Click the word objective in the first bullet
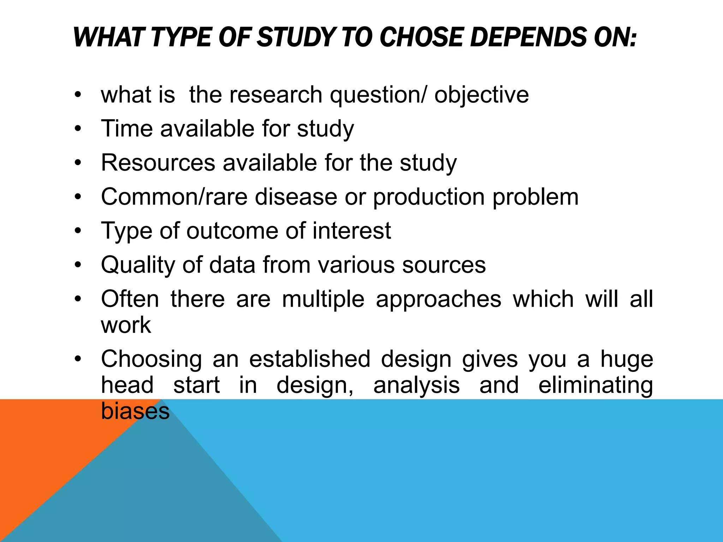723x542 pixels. [482, 95]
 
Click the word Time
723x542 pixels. [127, 128]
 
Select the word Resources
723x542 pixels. [158, 163]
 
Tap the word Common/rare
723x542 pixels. [174, 197]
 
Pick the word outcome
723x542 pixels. [232, 231]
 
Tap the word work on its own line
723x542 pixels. [126, 325]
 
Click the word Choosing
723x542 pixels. [151, 360]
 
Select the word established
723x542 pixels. [310, 359]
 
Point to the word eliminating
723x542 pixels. [596, 385]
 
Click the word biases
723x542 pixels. [135, 411]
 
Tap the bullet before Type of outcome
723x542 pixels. [78, 231]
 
